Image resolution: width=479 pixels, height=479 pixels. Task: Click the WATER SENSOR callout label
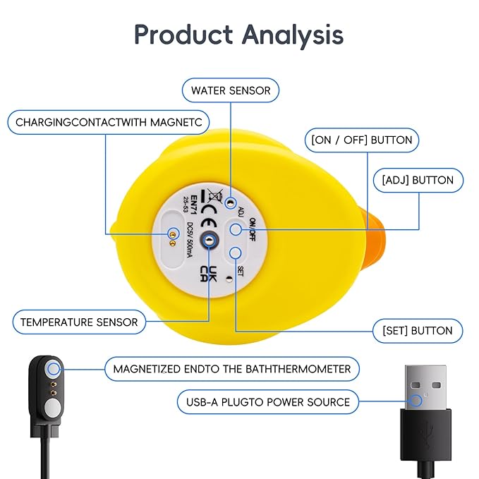pyautogui.click(x=231, y=90)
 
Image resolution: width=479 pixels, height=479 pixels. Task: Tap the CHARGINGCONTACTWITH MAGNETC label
pyautogui.click(x=109, y=122)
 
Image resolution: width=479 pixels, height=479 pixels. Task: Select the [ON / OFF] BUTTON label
pyautogui.click(x=362, y=140)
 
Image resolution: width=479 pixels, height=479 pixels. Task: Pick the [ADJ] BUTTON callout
pyautogui.click(x=418, y=180)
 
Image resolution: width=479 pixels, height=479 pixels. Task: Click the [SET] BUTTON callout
pyautogui.click(x=418, y=331)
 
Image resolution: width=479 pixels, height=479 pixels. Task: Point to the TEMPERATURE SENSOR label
pyautogui.click(x=79, y=322)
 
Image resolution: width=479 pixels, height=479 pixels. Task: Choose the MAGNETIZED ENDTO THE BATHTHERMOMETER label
pyautogui.click(x=232, y=369)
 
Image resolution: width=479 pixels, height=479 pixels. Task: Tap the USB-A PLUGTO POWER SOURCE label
pyautogui.click(x=268, y=402)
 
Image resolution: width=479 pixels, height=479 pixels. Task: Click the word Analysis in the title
pyautogui.click(x=293, y=35)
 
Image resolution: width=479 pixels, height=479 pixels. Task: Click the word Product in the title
pyautogui.click(x=183, y=34)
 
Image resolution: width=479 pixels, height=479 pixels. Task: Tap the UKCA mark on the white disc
pyautogui.click(x=209, y=274)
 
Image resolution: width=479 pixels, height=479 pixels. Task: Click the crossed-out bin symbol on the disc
pyautogui.click(x=215, y=195)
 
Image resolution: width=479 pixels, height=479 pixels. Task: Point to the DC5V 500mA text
pyautogui.click(x=190, y=240)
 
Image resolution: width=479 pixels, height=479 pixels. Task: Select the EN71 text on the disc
pyautogui.click(x=194, y=205)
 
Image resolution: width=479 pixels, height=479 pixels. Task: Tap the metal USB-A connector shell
pyautogui.click(x=425, y=387)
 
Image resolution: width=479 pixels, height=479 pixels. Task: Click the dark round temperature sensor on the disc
pyautogui.click(x=210, y=241)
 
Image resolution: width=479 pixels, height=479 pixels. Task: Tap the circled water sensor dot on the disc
pyautogui.click(x=231, y=202)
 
